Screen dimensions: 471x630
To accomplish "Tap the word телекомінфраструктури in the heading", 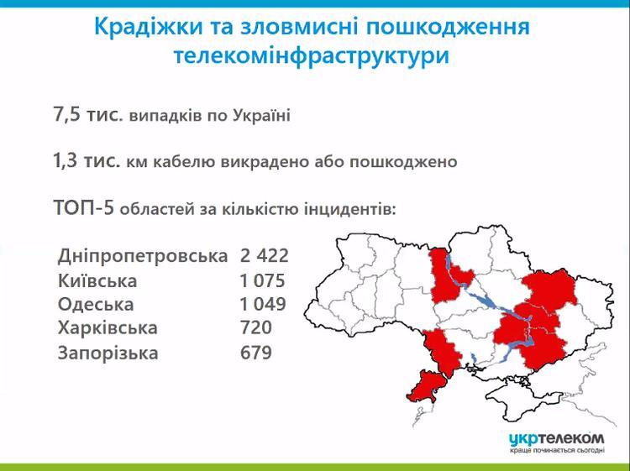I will pyautogui.click(x=312, y=56).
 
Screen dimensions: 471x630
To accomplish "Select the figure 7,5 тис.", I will pyautogui.click(x=87, y=115).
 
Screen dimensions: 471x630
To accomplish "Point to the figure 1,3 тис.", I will pyautogui.click(x=86, y=160).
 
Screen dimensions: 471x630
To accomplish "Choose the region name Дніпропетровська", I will pyautogui.click(x=143, y=254).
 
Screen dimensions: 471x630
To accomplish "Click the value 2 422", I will pyautogui.click(x=264, y=254).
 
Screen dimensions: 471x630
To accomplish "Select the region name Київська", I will pyautogui.click(x=97, y=280).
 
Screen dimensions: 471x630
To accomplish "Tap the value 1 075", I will pyautogui.click(x=262, y=280).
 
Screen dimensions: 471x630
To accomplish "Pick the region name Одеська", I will pyautogui.click(x=96, y=304).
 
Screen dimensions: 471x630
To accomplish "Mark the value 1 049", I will pyautogui.click(x=262, y=304).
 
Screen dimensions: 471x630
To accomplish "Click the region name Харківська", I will pyautogui.click(x=108, y=328).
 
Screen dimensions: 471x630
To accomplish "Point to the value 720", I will pyautogui.click(x=255, y=328).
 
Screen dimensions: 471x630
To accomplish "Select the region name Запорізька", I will pyautogui.click(x=108, y=353).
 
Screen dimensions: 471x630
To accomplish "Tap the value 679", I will pyautogui.click(x=255, y=353).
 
